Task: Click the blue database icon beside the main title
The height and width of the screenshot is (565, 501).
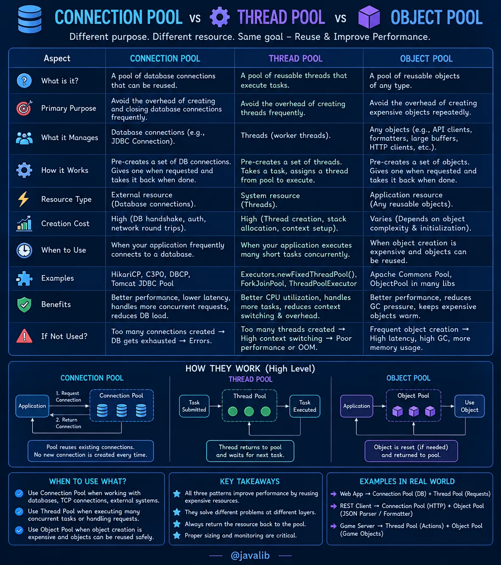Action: coord(30,19)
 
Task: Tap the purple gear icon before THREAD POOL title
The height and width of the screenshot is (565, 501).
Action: coord(220,17)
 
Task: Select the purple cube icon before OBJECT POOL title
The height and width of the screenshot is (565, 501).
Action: coord(369,17)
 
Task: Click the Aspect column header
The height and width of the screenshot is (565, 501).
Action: coord(57,58)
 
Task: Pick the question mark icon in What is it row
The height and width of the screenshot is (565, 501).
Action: coord(24,81)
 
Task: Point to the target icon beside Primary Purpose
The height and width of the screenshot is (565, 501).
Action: coord(24,108)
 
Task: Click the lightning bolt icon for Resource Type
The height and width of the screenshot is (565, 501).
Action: coord(23,199)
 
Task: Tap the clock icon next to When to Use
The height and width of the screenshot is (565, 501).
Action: coord(24,250)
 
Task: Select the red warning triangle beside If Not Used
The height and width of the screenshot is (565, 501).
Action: coord(24,336)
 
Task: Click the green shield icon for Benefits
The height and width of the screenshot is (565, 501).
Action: coord(24,304)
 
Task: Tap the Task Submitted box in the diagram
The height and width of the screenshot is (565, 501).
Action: coord(194,406)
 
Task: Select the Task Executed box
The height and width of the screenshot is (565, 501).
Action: coord(305,406)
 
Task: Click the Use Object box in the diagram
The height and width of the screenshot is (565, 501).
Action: coord(470,406)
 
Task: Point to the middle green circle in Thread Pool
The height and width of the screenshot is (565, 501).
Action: coord(249,411)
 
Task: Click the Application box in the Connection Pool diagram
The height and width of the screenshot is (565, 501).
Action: coord(32,406)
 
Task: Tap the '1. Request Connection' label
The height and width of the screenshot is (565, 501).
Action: coord(68,396)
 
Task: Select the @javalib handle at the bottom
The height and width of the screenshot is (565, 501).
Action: coord(250,555)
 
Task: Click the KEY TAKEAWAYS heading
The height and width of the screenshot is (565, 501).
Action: coord(250,481)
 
